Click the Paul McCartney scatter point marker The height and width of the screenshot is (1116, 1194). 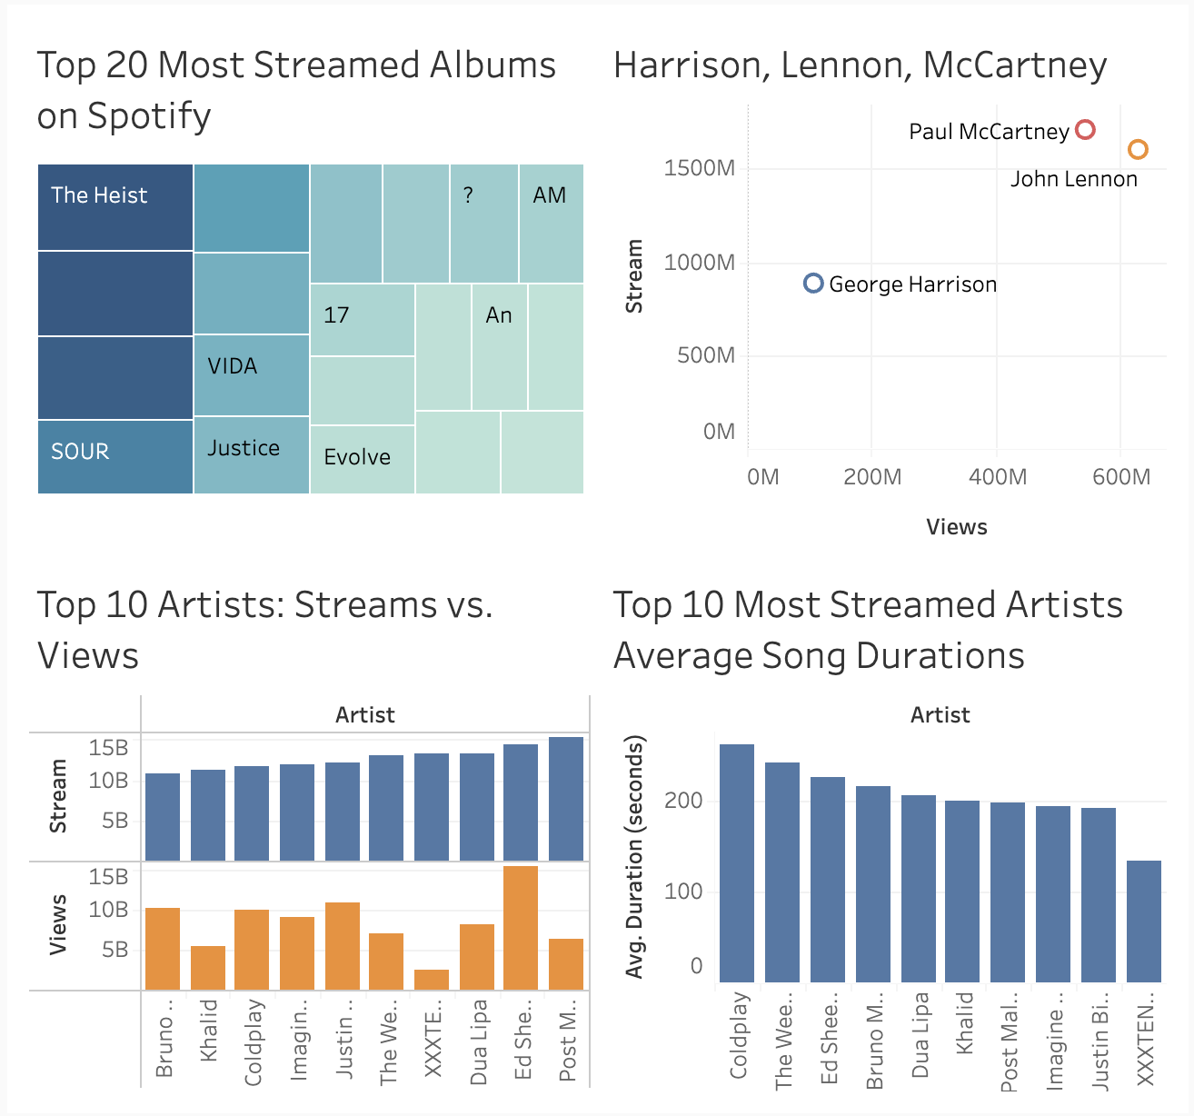click(1085, 130)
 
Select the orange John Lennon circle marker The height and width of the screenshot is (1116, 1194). click(1138, 150)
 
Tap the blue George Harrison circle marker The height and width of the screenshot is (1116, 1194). click(813, 284)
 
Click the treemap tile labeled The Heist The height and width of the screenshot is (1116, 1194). click(115, 207)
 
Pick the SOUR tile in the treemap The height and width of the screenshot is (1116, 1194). click(115, 456)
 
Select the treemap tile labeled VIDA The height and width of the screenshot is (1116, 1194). click(252, 374)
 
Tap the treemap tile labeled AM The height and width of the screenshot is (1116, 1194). click(551, 224)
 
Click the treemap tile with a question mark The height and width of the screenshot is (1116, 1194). click(483, 224)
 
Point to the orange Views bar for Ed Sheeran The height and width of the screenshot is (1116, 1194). click(521, 928)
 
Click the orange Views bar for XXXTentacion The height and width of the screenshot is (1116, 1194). click(432, 980)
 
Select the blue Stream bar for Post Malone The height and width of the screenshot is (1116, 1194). click(566, 799)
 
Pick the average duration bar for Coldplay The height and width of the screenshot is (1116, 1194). click(737, 863)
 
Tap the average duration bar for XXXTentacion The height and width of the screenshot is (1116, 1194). click(1144, 921)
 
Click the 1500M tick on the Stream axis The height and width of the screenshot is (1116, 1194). click(699, 168)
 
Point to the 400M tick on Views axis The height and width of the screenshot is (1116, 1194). click(998, 477)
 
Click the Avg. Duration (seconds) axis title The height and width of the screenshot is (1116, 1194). click(634, 857)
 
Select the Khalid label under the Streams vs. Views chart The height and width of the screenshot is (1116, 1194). click(209, 1031)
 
